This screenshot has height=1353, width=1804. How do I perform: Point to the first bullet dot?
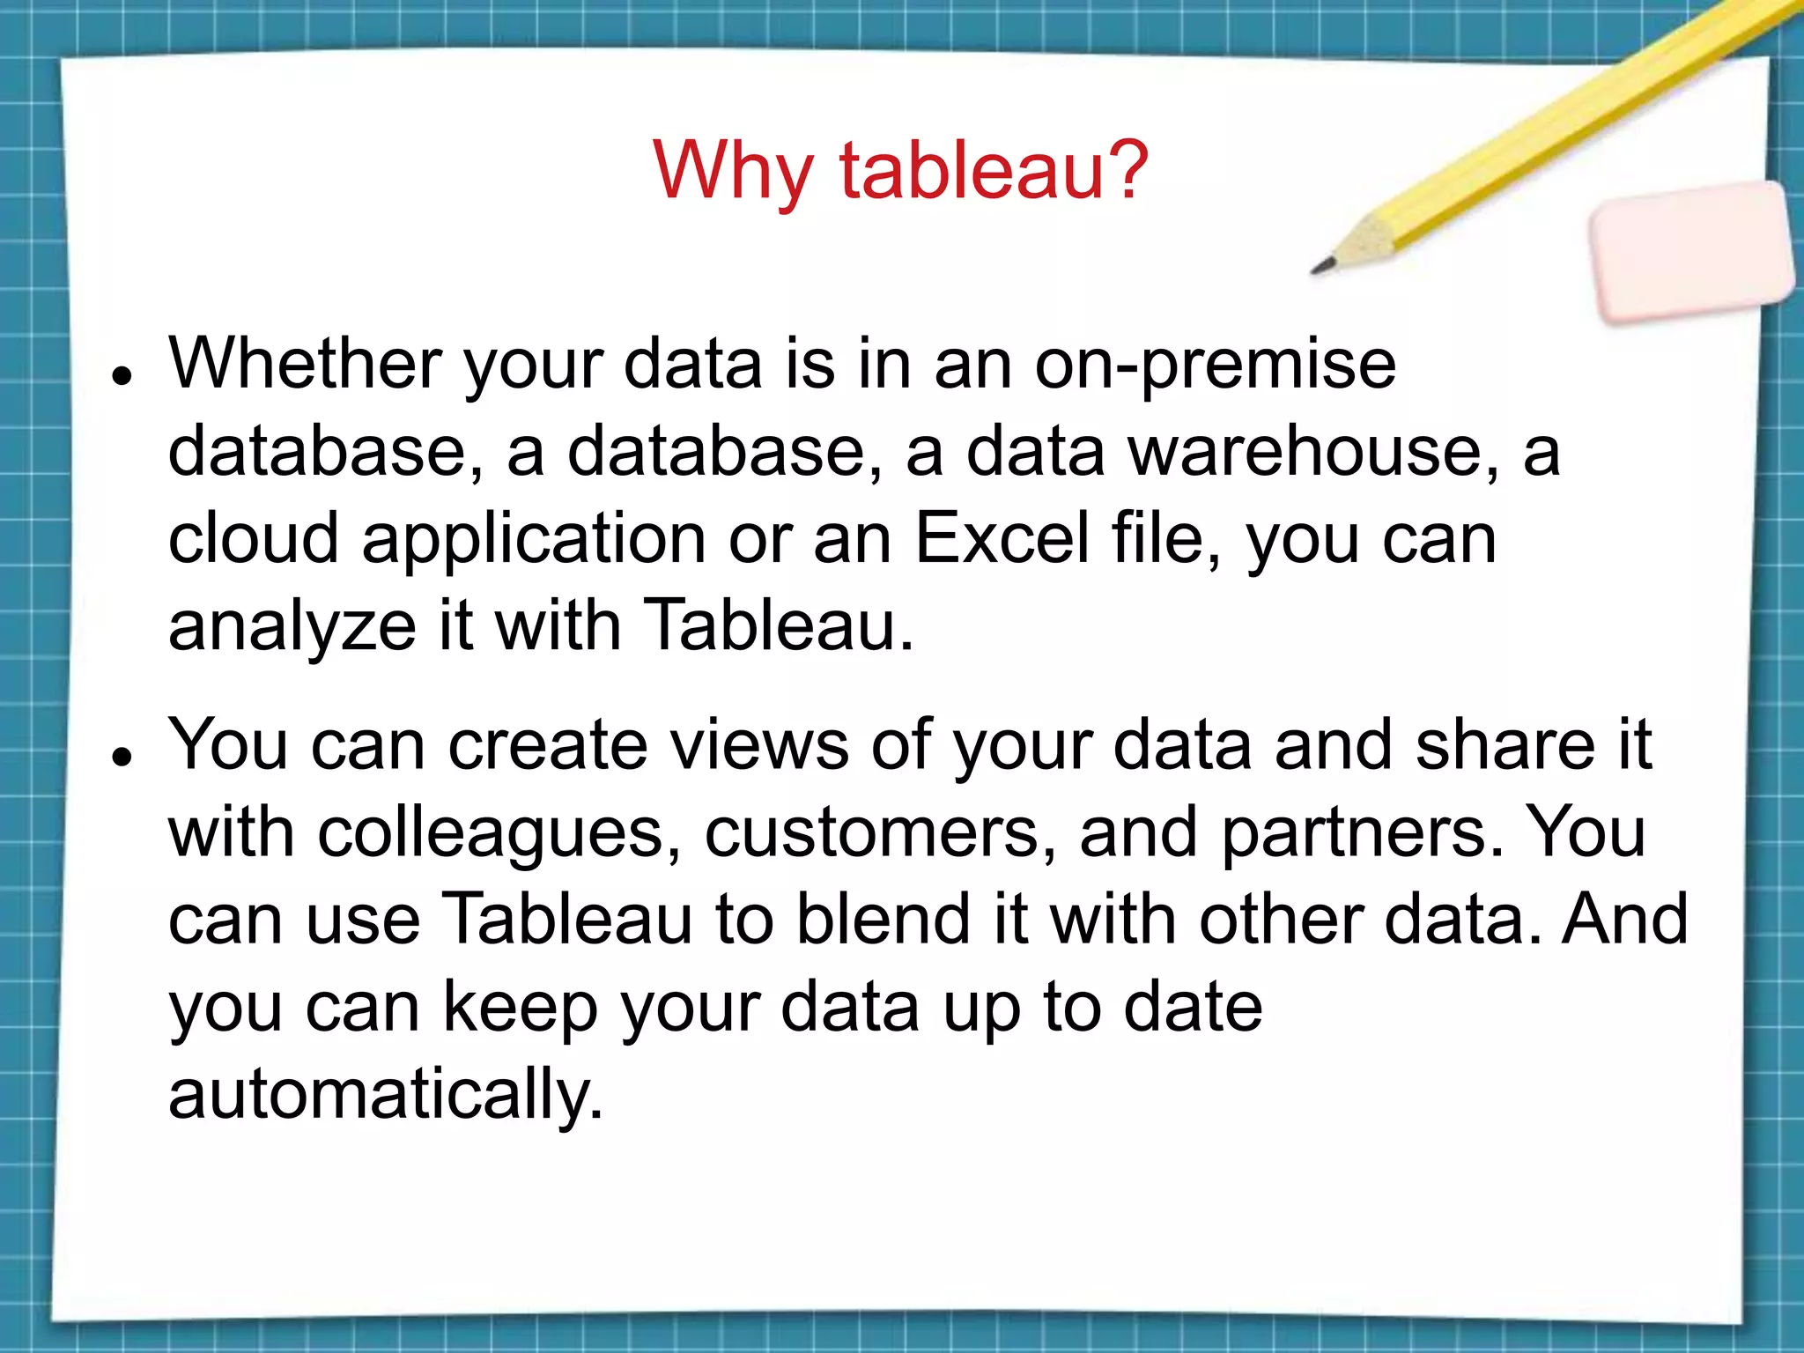click(122, 374)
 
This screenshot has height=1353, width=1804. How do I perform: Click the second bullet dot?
click(122, 755)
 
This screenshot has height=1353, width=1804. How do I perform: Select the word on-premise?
click(1215, 365)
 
